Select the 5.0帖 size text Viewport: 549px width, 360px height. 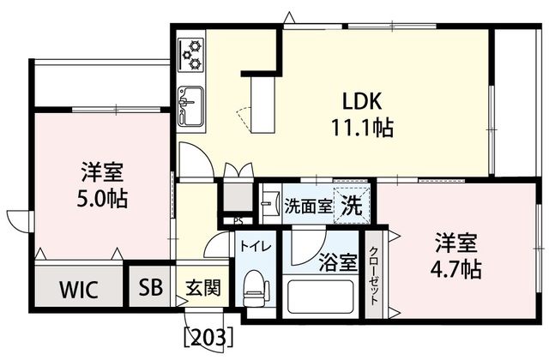click(x=100, y=200)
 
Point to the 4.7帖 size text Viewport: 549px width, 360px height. click(x=454, y=269)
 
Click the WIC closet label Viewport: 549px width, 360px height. click(x=78, y=289)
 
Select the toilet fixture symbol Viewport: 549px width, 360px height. click(x=256, y=289)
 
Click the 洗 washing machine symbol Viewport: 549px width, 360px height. click(x=353, y=206)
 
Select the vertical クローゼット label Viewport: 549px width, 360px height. click(x=375, y=273)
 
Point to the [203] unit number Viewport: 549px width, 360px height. click(x=208, y=335)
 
